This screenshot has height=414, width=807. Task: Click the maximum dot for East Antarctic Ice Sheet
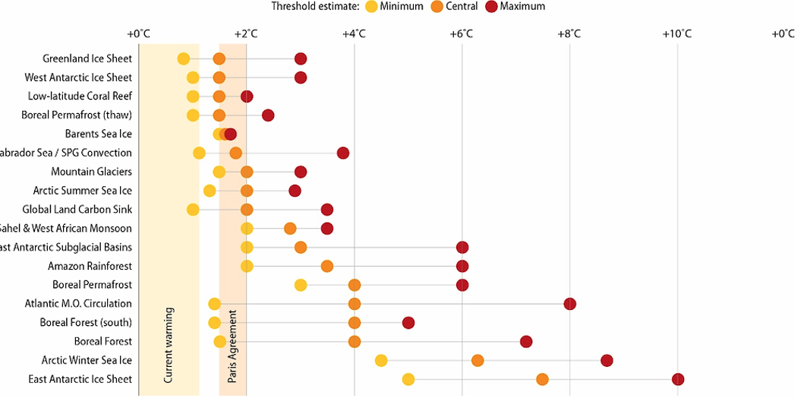678,379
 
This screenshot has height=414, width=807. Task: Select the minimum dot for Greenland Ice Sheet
184,58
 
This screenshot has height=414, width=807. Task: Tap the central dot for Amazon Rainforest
327,266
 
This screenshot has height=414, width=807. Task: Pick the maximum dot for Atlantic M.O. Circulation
570,304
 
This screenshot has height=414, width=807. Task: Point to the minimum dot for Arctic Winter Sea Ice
381,360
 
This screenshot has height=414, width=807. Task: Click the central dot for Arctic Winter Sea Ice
478,360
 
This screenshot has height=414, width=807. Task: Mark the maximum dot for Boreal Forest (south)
408,323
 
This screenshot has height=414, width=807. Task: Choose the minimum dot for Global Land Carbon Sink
193,210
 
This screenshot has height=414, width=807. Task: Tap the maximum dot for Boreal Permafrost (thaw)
268,115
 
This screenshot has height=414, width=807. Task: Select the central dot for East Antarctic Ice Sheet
542,379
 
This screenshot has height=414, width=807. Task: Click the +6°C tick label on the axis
462,34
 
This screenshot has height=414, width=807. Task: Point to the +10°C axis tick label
676,34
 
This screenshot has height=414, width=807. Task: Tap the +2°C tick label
246,34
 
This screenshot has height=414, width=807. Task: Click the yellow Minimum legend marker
371,7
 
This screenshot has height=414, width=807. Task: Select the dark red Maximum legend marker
491,7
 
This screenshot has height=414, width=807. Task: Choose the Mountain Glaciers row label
91,172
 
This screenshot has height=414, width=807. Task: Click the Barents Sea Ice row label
99,134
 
